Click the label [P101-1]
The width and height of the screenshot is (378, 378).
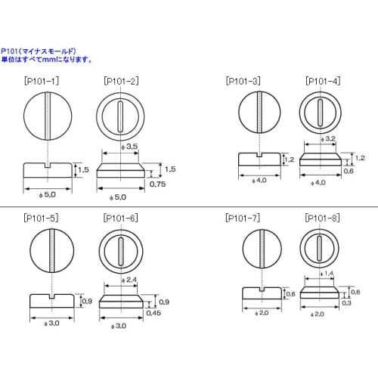click(x=42, y=79)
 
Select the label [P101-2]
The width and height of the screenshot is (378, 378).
click(x=118, y=79)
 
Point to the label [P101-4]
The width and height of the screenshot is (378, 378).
click(x=322, y=80)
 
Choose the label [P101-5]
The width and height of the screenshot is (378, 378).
click(x=42, y=218)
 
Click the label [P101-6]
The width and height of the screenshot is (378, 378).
click(x=119, y=218)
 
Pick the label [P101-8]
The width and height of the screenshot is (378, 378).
click(x=322, y=218)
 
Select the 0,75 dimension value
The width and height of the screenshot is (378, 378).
click(x=158, y=184)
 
